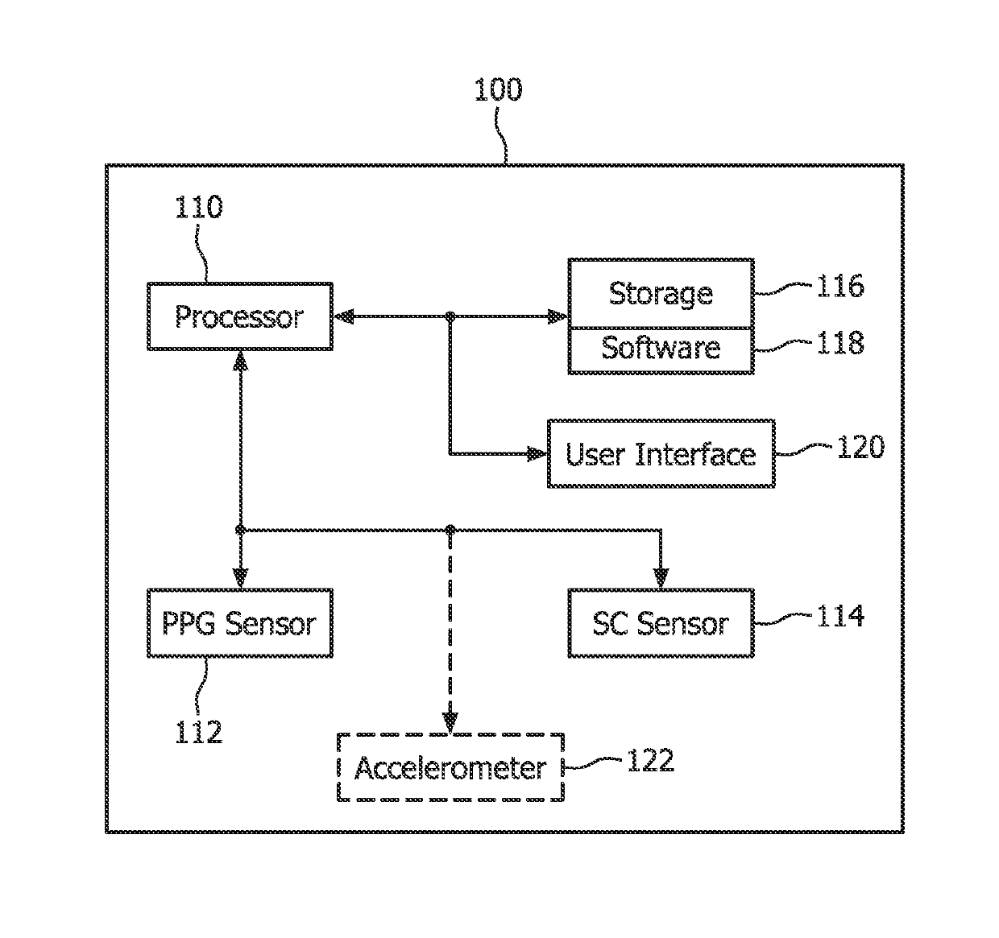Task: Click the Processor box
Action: [x=240, y=316]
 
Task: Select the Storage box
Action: [x=661, y=294]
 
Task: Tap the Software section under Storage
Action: [x=661, y=351]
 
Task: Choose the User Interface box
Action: [x=661, y=453]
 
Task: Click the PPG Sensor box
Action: [x=240, y=623]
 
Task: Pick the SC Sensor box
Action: [x=661, y=623]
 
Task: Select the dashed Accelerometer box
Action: [x=450, y=767]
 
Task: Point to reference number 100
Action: [x=498, y=90]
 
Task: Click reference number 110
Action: [x=199, y=207]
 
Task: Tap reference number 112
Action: [x=199, y=733]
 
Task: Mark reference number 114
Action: [x=840, y=616]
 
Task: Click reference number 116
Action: [x=840, y=286]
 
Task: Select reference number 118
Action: [x=840, y=343]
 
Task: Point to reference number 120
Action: [x=860, y=447]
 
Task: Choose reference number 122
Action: [x=650, y=760]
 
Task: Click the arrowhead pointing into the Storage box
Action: [x=558, y=316]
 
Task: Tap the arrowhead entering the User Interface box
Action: [x=537, y=453]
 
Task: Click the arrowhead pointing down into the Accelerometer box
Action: [x=450, y=723]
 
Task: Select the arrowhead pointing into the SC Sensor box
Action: [x=661, y=578]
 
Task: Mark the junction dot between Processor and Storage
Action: [x=450, y=316]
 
